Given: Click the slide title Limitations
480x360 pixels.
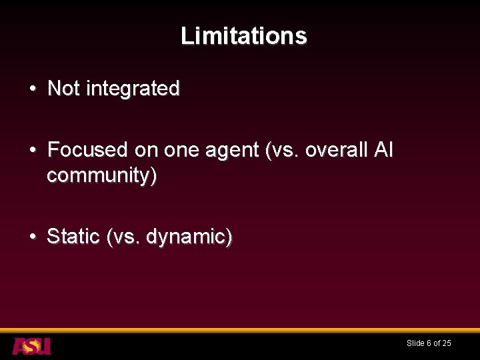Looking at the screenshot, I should [243, 35].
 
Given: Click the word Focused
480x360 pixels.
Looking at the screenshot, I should [88, 149].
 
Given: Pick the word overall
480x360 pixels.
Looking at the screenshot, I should [336, 149].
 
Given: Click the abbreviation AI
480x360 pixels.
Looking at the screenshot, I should [384, 149].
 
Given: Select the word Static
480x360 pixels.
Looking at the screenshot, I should [73, 237].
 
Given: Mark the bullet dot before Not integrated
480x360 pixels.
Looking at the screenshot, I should [33, 89].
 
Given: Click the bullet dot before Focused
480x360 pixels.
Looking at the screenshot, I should [33, 150].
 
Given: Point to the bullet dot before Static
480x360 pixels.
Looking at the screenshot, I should [33, 237].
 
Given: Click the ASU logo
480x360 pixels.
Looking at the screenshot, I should [31, 346].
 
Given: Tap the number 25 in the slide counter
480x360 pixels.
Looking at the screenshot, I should [447, 343].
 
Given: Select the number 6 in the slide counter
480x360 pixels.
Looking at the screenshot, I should [429, 343].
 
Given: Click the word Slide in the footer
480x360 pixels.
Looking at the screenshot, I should [415, 343].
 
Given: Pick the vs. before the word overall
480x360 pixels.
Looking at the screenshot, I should [283, 150].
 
